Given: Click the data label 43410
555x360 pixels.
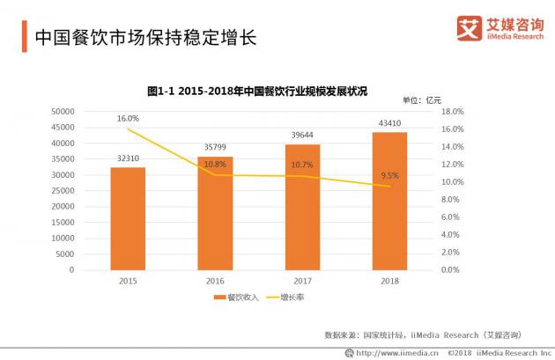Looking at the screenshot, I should coord(389,123).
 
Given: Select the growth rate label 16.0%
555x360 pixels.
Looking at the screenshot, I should coord(128,118).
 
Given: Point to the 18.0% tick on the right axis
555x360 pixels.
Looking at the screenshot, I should coord(451,112).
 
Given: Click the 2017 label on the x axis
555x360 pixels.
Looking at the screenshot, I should coord(302,280).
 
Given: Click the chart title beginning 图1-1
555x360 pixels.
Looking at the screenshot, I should coord(256,91).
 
